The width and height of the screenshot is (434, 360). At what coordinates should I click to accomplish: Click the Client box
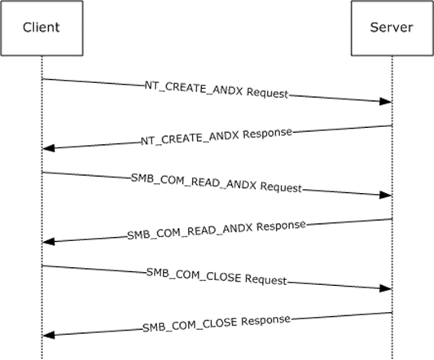click(42, 29)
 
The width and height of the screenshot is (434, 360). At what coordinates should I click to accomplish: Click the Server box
click(392, 29)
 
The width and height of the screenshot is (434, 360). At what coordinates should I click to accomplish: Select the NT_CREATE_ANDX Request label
click(217, 90)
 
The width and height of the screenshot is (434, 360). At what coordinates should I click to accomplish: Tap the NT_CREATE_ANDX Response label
click(217, 137)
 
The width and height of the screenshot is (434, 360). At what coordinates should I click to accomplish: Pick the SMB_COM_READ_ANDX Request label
click(217, 183)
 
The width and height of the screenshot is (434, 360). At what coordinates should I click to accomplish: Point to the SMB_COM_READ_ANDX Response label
click(217, 230)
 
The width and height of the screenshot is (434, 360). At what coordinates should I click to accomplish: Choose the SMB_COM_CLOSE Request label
click(217, 277)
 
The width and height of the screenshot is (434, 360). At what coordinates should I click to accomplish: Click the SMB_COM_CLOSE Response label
click(217, 323)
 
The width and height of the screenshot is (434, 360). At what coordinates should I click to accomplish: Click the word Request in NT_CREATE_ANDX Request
click(267, 94)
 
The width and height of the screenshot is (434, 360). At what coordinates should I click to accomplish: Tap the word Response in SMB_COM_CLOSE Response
click(266, 320)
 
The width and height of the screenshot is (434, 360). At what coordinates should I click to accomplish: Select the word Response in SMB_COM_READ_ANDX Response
click(281, 226)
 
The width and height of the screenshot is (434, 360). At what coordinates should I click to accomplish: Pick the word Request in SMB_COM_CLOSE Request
click(266, 280)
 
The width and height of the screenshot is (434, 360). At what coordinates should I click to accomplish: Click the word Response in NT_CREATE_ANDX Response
click(268, 134)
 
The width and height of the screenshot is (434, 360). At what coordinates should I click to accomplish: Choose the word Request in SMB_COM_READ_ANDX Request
click(281, 187)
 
